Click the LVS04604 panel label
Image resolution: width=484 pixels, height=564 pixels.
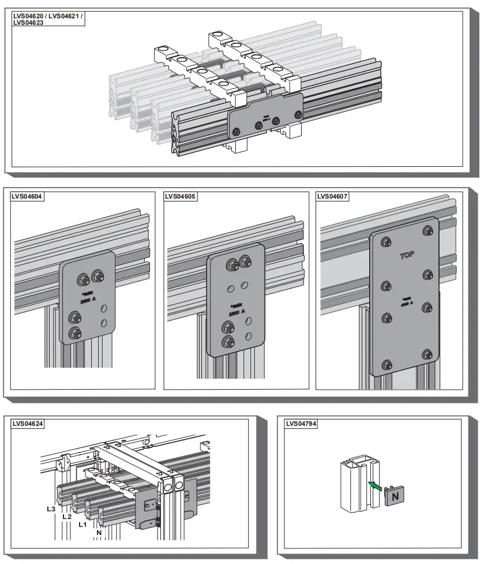pos(27,196)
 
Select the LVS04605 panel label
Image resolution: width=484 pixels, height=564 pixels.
pos(181,196)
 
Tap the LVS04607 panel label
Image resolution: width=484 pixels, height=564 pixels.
pos(333,196)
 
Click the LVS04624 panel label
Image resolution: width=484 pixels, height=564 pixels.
pos(28,424)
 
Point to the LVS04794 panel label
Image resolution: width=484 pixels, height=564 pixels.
pos(302,424)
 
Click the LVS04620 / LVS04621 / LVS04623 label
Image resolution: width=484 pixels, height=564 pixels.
pos(47,19)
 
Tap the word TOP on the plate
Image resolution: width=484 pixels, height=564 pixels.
pos(407,255)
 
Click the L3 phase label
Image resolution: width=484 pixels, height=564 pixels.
pos(51,510)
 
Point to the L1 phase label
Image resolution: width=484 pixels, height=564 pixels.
pos(82,525)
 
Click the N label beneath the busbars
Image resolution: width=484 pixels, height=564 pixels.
pos(99,532)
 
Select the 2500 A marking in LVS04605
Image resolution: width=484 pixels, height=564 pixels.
pos(238,312)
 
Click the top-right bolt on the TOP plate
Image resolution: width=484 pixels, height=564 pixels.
pos(427,231)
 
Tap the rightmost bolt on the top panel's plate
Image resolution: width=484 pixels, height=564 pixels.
pos(297,115)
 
